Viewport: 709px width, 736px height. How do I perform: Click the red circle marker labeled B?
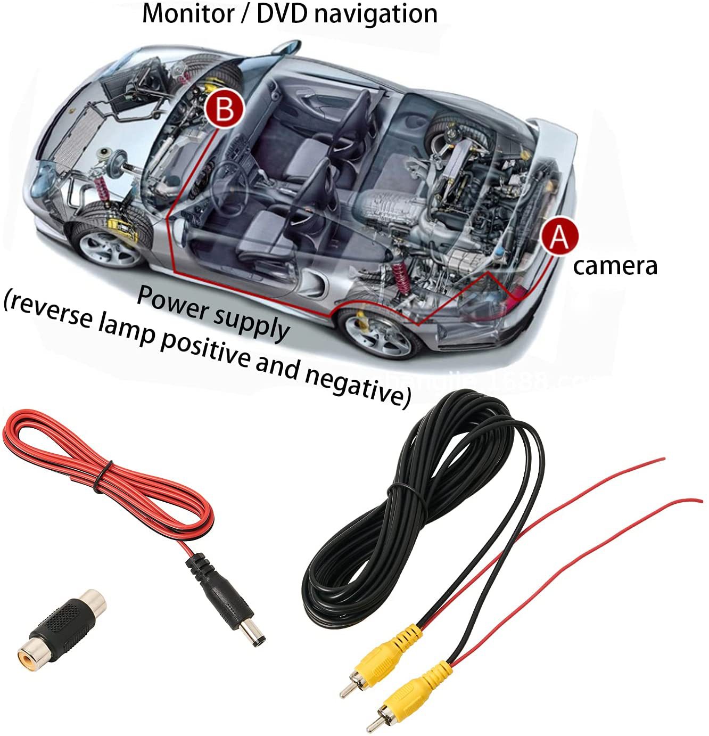point(225,109)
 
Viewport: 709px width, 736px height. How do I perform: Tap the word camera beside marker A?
point(615,265)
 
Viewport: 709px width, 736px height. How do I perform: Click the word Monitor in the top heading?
point(187,13)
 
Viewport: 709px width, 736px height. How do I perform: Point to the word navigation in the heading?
point(375,14)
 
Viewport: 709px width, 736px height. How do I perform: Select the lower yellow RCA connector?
point(410,693)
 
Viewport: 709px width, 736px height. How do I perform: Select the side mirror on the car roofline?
point(287,47)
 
